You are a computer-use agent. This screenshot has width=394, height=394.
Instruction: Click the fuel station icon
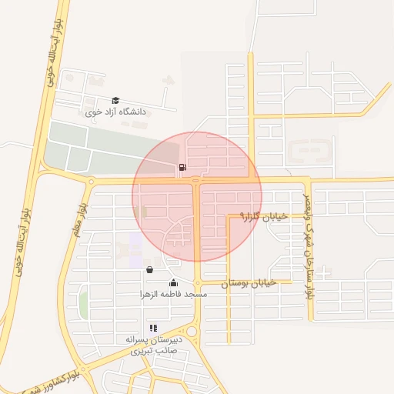(182, 167)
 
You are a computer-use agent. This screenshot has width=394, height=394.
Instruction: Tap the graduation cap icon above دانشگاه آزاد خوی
(115, 100)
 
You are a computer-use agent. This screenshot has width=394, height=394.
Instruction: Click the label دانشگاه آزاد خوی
(115, 112)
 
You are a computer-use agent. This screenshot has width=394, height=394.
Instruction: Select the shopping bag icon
(149, 270)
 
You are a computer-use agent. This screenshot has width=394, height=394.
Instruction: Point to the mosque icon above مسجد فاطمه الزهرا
(173, 282)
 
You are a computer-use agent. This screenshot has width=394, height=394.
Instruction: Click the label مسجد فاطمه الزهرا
(173, 294)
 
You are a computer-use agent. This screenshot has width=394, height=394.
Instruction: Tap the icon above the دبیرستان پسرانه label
(152, 327)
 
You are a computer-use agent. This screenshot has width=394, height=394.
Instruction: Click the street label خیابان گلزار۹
(263, 217)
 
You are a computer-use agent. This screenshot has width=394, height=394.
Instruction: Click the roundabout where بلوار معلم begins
(91, 182)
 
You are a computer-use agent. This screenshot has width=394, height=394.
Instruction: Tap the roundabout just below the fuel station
(196, 181)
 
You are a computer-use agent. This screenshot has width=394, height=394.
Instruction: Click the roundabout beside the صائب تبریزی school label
(192, 332)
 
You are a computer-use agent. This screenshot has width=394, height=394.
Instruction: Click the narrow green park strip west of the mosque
(83, 304)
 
